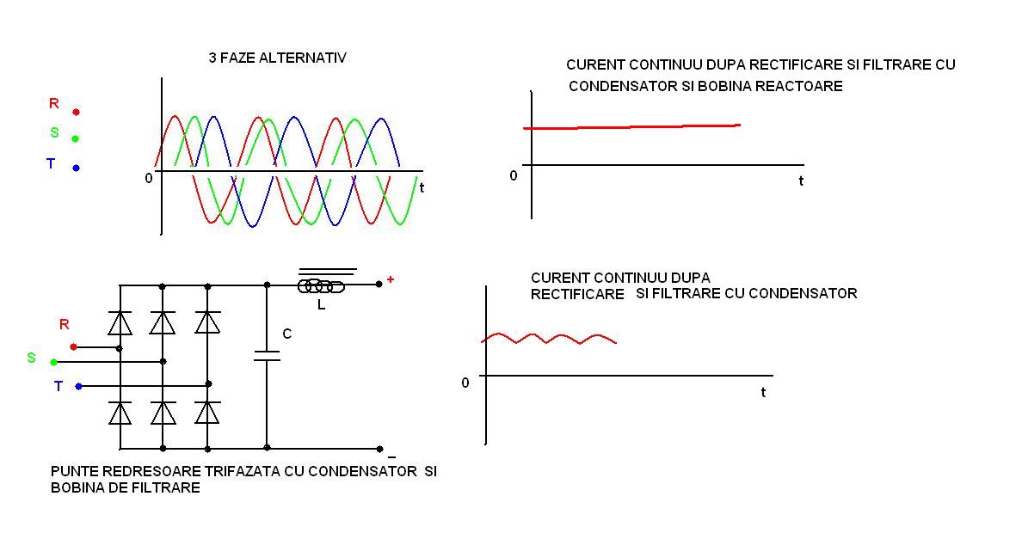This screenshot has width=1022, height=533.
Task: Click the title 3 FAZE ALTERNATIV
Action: click(x=277, y=58)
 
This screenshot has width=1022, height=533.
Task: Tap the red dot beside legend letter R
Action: click(x=76, y=112)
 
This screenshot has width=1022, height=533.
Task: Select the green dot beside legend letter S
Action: click(x=76, y=138)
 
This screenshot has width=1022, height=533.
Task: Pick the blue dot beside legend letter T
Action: click(x=76, y=168)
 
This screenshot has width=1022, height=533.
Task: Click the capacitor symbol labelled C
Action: click(x=267, y=355)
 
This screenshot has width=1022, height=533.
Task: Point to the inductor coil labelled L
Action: click(x=321, y=286)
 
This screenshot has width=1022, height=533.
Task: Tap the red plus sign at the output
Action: click(x=390, y=279)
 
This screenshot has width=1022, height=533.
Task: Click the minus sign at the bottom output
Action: click(x=391, y=456)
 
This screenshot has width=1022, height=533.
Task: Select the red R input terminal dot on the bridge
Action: click(x=73, y=346)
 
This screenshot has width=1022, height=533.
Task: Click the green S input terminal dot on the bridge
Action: click(x=53, y=362)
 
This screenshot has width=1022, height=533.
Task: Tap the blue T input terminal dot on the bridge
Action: click(x=78, y=386)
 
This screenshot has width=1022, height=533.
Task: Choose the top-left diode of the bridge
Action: click(x=120, y=322)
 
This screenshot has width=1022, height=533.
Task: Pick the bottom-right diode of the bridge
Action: click(x=207, y=413)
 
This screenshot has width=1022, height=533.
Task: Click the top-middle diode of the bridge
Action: click(x=163, y=322)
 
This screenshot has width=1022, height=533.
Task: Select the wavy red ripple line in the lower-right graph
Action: click(x=549, y=339)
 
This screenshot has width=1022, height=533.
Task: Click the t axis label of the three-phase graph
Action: click(x=422, y=187)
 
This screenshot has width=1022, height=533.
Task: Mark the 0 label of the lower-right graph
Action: click(x=465, y=383)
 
